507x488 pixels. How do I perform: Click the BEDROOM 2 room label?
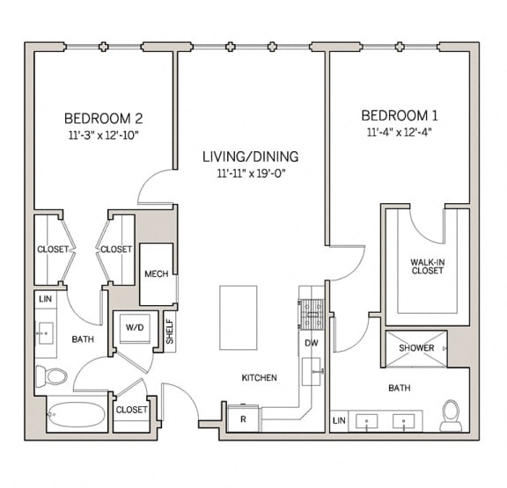[103, 118]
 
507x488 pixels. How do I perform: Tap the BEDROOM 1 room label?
[400, 115]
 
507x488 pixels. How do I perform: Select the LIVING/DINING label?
[250, 157]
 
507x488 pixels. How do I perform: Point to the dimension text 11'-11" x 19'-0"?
[250, 173]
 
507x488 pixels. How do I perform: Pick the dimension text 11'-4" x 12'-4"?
[400, 132]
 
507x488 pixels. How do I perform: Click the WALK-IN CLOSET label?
[426, 266]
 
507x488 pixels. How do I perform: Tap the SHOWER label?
[416, 347]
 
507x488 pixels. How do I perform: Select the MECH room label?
[156, 274]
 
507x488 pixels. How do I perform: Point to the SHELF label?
[169, 331]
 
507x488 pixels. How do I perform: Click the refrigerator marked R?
[242, 418]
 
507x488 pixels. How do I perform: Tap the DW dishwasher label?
[311, 343]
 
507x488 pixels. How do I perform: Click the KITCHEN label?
[260, 378]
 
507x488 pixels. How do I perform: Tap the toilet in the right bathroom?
[451, 415]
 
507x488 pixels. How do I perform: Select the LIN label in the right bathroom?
[339, 421]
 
